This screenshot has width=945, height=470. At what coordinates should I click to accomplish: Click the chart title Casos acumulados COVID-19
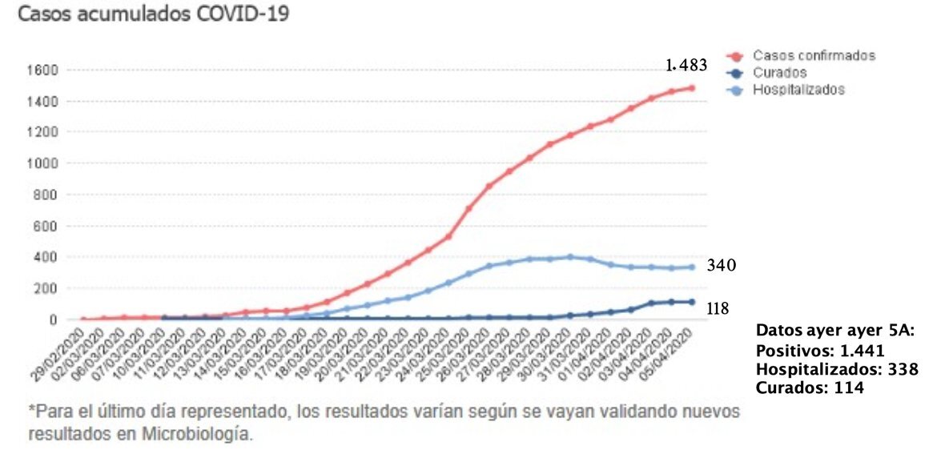pos(153,15)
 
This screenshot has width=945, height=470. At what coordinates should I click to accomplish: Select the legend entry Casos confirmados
pos(813,56)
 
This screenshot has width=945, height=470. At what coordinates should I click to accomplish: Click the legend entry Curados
pos(774,73)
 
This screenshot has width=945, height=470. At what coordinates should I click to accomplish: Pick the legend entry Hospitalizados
pos(798,90)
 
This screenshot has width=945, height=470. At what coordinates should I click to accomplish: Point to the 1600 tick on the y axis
pos(43,70)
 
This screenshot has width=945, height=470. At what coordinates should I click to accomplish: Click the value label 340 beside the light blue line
pos(721,266)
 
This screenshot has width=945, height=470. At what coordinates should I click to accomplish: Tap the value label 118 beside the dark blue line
pos(718,308)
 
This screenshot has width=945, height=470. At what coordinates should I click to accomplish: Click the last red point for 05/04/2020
pos(690,88)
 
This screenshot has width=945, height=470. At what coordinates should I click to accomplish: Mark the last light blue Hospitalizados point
pos(690,267)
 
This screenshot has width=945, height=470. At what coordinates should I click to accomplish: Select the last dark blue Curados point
pos(690,302)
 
